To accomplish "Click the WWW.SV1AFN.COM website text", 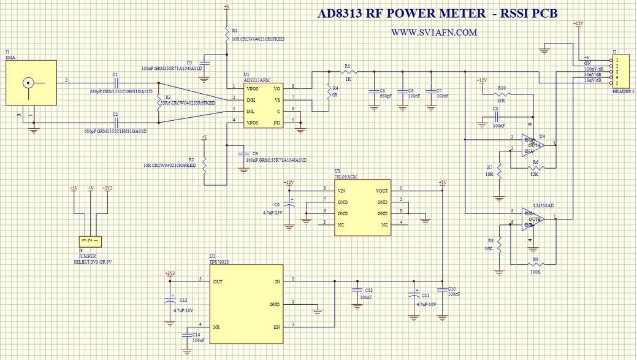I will [x=433, y=33].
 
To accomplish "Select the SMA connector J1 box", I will [x=31, y=83].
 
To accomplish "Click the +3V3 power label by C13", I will [x=170, y=273].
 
